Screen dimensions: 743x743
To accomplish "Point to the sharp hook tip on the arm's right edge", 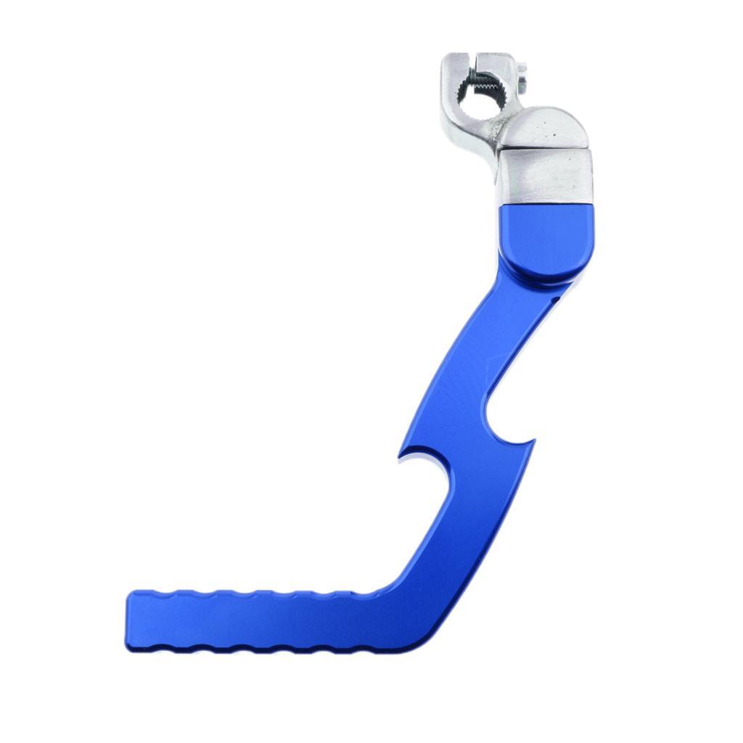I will (533, 440).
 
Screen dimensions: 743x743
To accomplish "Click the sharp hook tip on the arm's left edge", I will (400, 456).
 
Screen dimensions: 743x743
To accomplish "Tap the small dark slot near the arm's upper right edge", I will (554, 296).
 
